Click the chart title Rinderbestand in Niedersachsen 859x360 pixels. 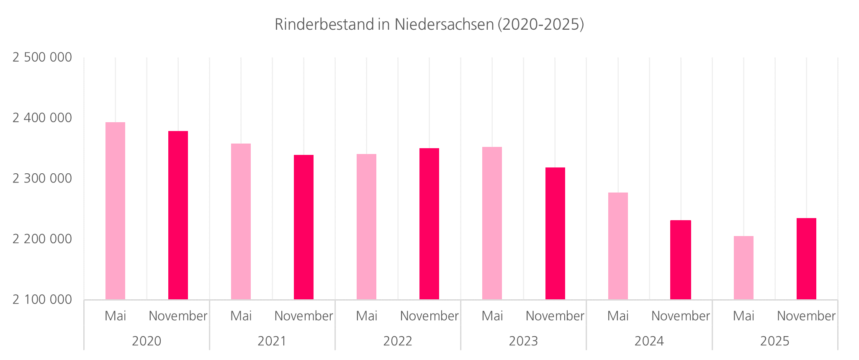point(429,25)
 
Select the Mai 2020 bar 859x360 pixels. point(115,211)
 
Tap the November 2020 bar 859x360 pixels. point(178,215)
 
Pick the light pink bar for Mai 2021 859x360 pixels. point(241,221)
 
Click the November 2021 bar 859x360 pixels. point(303,227)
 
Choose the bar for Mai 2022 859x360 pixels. point(366,227)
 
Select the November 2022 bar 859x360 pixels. point(429,224)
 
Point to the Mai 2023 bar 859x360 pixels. point(492,223)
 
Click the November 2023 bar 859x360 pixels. point(555,234)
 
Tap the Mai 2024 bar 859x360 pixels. point(618,246)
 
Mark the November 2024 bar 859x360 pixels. point(681,260)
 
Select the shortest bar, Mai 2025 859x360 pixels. point(743,268)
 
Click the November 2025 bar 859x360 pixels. point(806,259)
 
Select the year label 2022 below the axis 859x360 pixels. point(398,341)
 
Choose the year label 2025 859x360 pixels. point(775,341)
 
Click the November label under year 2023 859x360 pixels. point(555,316)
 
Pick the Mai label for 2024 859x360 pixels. point(618,316)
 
